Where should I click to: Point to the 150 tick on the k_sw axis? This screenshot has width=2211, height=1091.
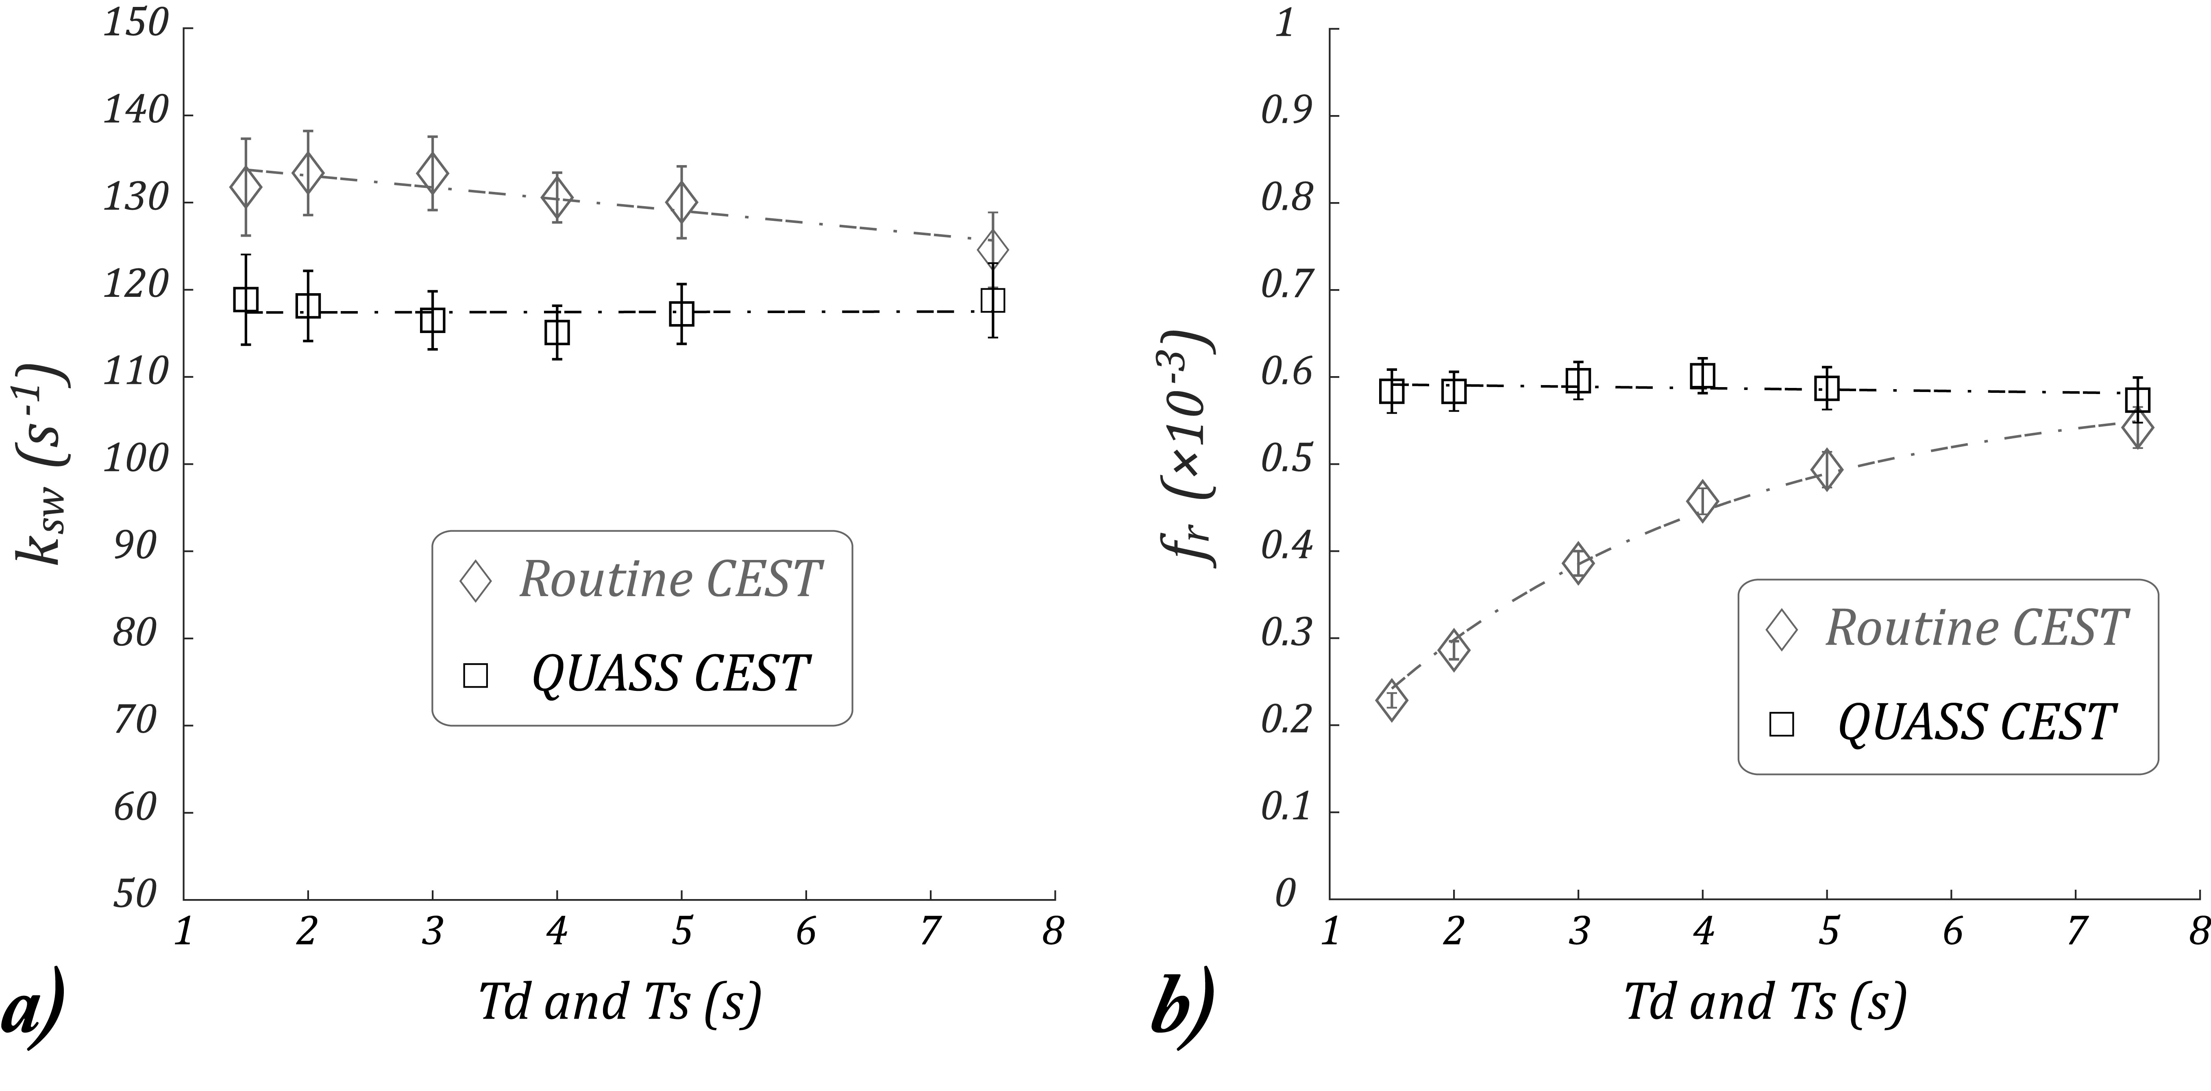[x=136, y=24]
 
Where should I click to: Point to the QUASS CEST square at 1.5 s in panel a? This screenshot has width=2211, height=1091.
[x=246, y=300]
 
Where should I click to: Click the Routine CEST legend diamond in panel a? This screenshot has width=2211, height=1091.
[x=476, y=581]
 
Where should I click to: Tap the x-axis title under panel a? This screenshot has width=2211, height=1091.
[x=620, y=1003]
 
